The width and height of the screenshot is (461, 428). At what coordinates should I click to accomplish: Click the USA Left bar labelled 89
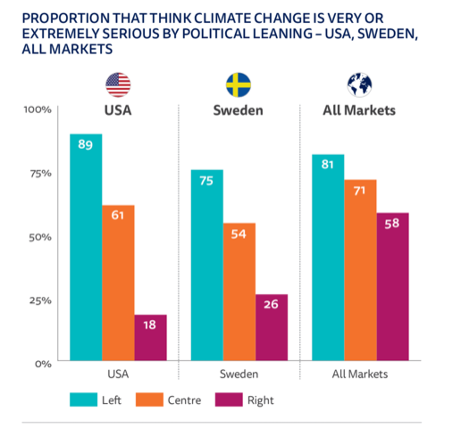86,247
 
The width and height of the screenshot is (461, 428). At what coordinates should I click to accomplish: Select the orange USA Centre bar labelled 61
118,283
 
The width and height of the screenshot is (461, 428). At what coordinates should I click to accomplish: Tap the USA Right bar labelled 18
150,337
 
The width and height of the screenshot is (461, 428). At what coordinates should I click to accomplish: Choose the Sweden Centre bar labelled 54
239,292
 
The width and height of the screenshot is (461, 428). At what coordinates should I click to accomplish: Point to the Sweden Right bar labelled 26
271,327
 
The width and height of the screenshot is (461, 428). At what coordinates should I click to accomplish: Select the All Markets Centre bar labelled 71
360,270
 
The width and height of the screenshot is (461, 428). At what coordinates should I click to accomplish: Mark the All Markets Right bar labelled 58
393,287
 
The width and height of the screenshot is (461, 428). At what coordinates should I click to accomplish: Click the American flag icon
118,85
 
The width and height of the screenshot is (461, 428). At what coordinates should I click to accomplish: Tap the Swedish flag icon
238,85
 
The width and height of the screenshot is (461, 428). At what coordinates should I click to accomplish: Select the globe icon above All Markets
360,85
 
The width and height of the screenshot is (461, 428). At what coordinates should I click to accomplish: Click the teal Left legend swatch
83,400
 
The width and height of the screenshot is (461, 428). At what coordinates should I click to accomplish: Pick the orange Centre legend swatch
149,400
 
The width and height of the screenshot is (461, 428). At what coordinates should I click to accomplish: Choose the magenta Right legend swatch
229,400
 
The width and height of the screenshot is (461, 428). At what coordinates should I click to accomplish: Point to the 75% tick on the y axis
40,173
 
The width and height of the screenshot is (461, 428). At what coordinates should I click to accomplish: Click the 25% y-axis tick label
40,301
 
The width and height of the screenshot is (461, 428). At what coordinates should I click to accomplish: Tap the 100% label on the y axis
38,110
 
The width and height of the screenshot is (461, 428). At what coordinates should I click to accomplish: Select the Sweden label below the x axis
239,374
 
